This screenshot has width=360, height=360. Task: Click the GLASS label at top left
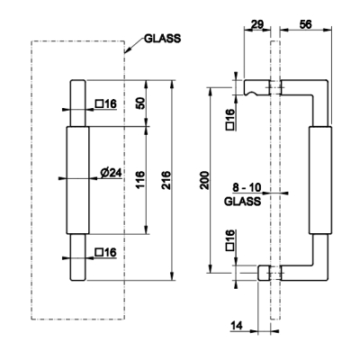pyautogui.click(x=163, y=39)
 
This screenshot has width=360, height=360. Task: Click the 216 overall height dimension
pyautogui.click(x=166, y=180)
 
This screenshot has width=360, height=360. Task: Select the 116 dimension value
pyautogui.click(x=140, y=179)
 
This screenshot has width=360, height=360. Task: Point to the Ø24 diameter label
pyautogui.click(x=111, y=173)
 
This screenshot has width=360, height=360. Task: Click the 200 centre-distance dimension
pyautogui.click(x=205, y=180)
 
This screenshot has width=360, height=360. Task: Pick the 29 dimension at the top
pyautogui.click(x=256, y=24)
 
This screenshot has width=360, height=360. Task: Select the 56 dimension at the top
pyautogui.click(x=306, y=24)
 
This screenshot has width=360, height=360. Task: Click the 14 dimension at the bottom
pyautogui.click(x=237, y=325)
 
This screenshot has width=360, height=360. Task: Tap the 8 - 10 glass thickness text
pyautogui.click(x=247, y=188)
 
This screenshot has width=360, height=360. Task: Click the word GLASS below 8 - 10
pyautogui.click(x=242, y=202)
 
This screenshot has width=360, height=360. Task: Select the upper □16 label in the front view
pyautogui.click(x=105, y=104)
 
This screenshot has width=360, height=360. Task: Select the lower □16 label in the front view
pyautogui.click(x=105, y=252)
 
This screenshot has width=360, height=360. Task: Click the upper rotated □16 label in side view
pyautogui.click(x=230, y=120)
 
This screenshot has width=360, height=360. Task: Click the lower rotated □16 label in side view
pyautogui.click(x=230, y=240)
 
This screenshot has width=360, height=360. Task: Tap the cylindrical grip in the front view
pyautogui.click(x=77, y=180)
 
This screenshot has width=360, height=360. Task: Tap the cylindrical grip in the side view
pyautogui.click(x=320, y=180)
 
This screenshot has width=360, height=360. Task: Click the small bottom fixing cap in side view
pyautogui.click(x=264, y=273)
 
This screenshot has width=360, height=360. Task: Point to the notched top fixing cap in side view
pyautogui.click(x=256, y=87)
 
